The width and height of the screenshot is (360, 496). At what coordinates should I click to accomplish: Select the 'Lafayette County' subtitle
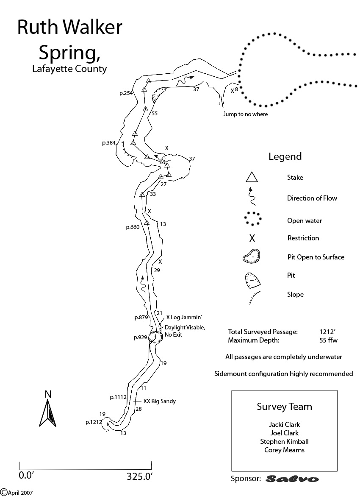69,69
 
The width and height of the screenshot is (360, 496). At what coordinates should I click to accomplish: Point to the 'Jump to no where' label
246,114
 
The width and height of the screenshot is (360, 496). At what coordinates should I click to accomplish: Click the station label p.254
126,93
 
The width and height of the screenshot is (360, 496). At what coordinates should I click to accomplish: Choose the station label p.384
109,143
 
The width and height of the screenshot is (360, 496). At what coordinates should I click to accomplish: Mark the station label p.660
133,227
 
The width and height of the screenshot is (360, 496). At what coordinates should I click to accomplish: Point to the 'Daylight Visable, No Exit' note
185,331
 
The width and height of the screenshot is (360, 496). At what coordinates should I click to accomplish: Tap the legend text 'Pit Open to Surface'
316,257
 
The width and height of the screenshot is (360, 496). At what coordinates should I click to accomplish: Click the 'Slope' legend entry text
295,294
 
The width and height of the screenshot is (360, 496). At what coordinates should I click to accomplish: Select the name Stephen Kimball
284,441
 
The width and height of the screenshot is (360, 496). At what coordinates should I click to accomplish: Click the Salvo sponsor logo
292,479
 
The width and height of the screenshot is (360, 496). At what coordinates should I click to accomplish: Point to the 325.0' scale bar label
139,476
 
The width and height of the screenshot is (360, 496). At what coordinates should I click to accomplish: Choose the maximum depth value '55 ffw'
329,340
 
